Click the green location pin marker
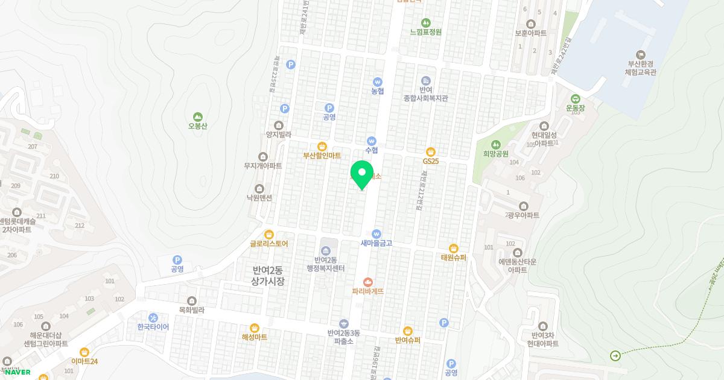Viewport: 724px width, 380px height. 362,174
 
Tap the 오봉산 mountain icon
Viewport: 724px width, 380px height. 197,116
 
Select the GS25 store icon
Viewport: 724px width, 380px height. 430,151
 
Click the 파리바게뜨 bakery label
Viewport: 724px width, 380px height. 368,291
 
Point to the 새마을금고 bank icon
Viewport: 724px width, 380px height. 376,233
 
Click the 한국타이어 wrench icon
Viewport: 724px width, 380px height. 153,317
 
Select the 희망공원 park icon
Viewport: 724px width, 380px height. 495,144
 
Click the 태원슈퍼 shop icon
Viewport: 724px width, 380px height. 454,248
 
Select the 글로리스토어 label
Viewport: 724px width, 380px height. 269,244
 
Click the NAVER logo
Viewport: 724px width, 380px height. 17,372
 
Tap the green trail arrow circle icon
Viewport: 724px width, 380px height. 615,355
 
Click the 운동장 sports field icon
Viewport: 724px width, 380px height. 576,99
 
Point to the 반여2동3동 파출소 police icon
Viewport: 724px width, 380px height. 344,324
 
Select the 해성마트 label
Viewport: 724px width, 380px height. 254,337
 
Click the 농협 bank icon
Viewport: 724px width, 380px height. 378,82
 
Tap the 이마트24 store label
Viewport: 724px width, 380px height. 84,361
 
